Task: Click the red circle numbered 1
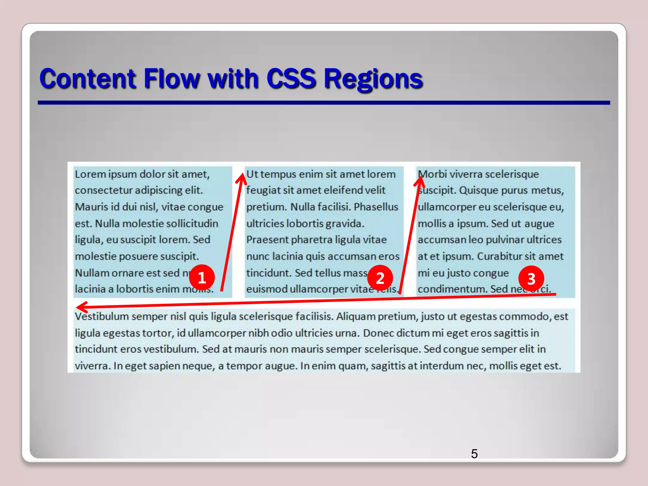202,277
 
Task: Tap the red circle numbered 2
380,278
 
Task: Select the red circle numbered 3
531,278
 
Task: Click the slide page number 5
474,454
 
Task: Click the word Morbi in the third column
433,174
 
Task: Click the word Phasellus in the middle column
376,207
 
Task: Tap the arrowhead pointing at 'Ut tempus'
242,177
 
